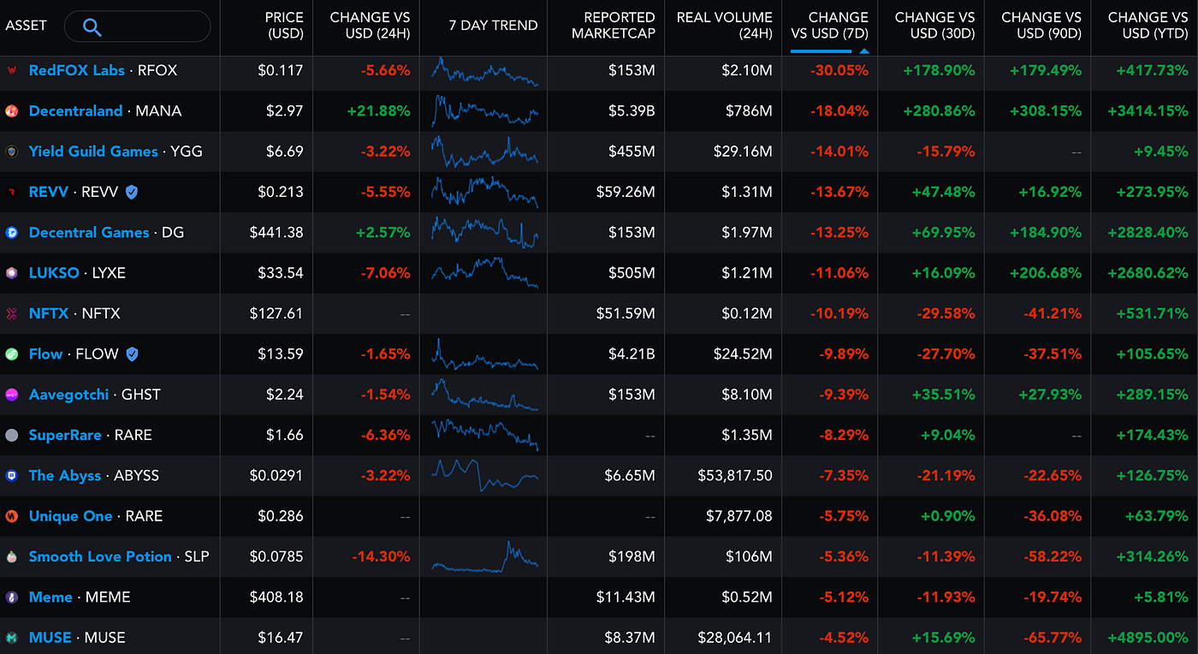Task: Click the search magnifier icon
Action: [92, 27]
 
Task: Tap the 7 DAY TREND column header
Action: [493, 26]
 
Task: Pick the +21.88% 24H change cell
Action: [378, 111]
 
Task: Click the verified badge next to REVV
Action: [131, 193]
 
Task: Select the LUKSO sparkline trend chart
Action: [484, 272]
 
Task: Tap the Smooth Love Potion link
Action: [100, 556]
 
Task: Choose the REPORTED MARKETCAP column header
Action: [613, 26]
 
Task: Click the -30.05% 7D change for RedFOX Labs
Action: [839, 71]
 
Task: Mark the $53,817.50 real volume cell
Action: [735, 476]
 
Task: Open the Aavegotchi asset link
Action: [68, 395]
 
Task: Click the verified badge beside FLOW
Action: [132, 354]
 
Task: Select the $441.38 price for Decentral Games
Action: [276, 233]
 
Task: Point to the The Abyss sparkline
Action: [484, 475]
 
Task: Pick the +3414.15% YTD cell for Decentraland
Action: [1146, 111]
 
